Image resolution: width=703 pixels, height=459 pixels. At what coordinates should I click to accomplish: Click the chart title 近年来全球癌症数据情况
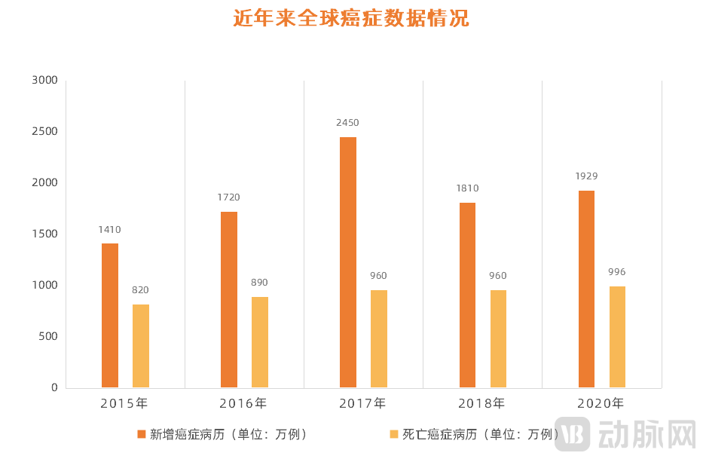coord(351,19)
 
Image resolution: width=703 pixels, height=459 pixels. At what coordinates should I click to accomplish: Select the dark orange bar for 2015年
coord(110,315)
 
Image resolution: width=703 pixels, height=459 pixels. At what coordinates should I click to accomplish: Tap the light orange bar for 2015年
coord(141,346)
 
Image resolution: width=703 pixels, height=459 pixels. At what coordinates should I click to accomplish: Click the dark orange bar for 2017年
coord(348,262)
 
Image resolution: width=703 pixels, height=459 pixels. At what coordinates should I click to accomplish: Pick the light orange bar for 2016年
coord(260,342)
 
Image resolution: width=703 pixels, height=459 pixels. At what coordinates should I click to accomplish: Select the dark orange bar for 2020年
coord(586,289)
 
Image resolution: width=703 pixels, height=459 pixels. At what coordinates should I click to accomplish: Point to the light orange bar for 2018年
coord(498,338)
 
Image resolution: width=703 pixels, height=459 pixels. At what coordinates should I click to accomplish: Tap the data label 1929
coord(586,176)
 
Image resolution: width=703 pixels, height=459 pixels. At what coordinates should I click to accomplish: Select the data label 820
coord(141,290)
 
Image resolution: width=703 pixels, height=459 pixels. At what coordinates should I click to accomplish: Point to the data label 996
coord(617,272)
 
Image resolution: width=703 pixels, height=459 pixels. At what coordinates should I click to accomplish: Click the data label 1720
coord(229,197)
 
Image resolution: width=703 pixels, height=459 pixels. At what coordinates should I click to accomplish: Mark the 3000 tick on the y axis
coord(44,81)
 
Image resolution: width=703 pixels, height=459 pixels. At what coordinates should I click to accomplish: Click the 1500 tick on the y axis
coord(44,234)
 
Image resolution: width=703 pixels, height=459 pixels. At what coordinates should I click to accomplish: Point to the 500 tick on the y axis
coord(47,337)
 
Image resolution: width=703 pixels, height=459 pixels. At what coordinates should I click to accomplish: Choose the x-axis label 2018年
coord(481,403)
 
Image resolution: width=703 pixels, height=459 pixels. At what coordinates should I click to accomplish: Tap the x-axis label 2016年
coord(243,403)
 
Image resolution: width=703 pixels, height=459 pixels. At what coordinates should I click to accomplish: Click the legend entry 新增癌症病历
coord(222,434)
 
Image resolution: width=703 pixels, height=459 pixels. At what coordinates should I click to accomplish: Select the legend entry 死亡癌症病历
coord(475,434)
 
